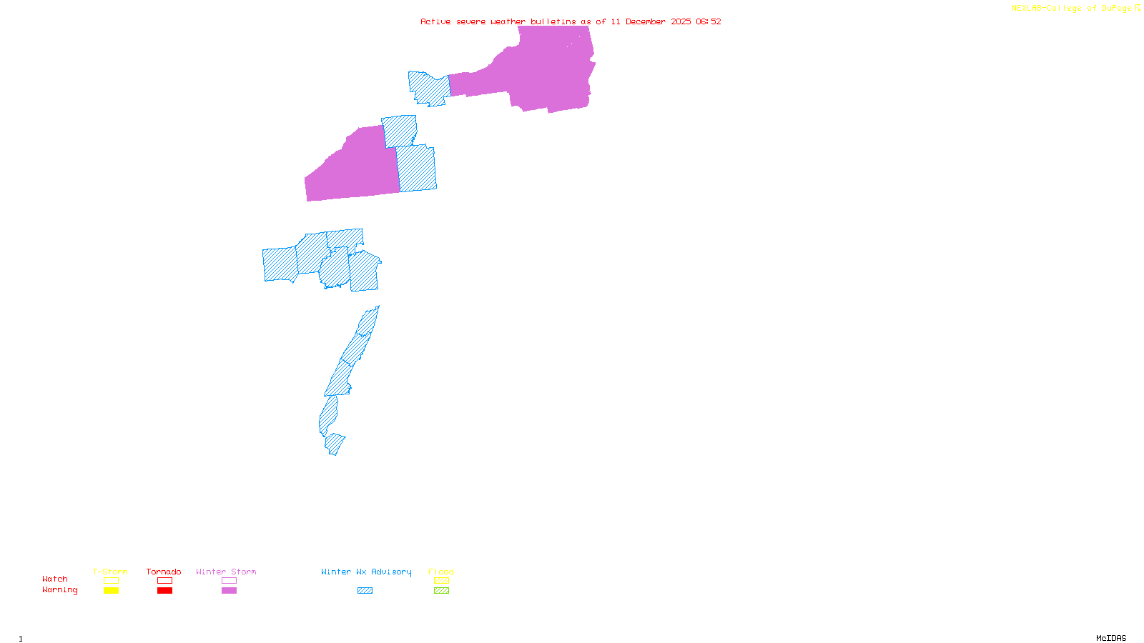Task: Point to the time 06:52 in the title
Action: coord(708,21)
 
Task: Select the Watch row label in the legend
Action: coord(55,579)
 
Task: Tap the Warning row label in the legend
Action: coord(59,590)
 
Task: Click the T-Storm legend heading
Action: coord(110,572)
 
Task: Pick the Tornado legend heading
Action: coord(164,572)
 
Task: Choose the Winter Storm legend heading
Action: coord(226,572)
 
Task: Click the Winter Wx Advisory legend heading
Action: coord(366,572)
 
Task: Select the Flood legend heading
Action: coord(441,572)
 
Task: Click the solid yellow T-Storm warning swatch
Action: coord(111,591)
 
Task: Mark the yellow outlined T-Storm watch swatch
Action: coord(111,581)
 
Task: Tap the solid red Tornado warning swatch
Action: coord(164,591)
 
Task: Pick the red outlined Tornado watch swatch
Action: coord(164,581)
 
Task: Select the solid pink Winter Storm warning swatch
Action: coord(229,591)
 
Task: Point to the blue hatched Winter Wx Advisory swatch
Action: coord(365,591)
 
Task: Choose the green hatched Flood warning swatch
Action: coord(441,591)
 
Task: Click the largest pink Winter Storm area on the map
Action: coord(547,71)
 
